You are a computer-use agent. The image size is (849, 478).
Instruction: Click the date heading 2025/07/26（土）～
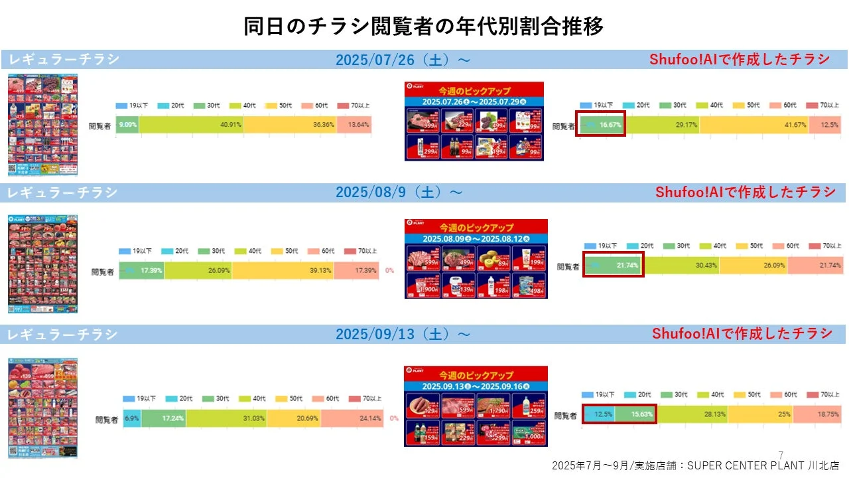click(403, 60)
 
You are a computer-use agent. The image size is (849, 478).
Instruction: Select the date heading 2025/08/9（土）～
click(399, 193)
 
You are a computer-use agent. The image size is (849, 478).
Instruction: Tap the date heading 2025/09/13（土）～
click(403, 333)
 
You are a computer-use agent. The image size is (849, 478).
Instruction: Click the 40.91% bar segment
click(191, 125)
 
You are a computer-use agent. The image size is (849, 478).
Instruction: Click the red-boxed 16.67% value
click(601, 125)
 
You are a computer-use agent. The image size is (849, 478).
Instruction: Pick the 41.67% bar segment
click(754, 125)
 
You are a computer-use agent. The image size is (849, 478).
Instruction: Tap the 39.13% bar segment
click(283, 271)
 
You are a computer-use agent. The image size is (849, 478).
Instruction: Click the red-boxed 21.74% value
click(614, 266)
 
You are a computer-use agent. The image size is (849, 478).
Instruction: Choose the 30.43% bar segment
click(681, 266)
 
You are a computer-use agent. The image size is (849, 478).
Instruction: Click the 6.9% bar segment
click(132, 418)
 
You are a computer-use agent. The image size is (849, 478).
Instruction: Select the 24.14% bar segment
click(358, 418)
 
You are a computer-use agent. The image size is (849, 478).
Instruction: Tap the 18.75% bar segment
click(817, 414)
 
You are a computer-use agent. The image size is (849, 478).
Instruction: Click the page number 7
click(781, 455)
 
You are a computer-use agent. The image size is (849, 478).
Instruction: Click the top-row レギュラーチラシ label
click(64, 60)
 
